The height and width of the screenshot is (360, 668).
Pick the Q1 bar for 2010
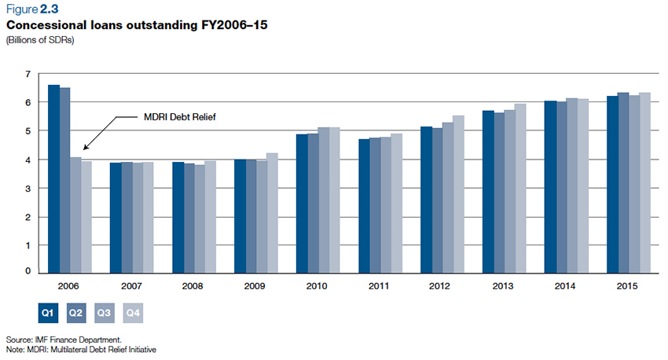(301, 204)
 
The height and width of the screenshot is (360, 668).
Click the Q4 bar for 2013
(520, 189)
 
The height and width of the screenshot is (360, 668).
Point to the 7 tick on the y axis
(28, 74)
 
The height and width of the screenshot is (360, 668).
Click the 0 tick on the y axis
(28, 271)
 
